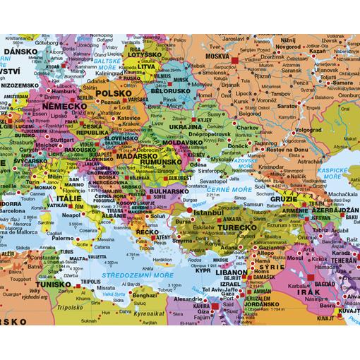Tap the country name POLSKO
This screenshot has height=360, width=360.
click(x=114, y=93)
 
